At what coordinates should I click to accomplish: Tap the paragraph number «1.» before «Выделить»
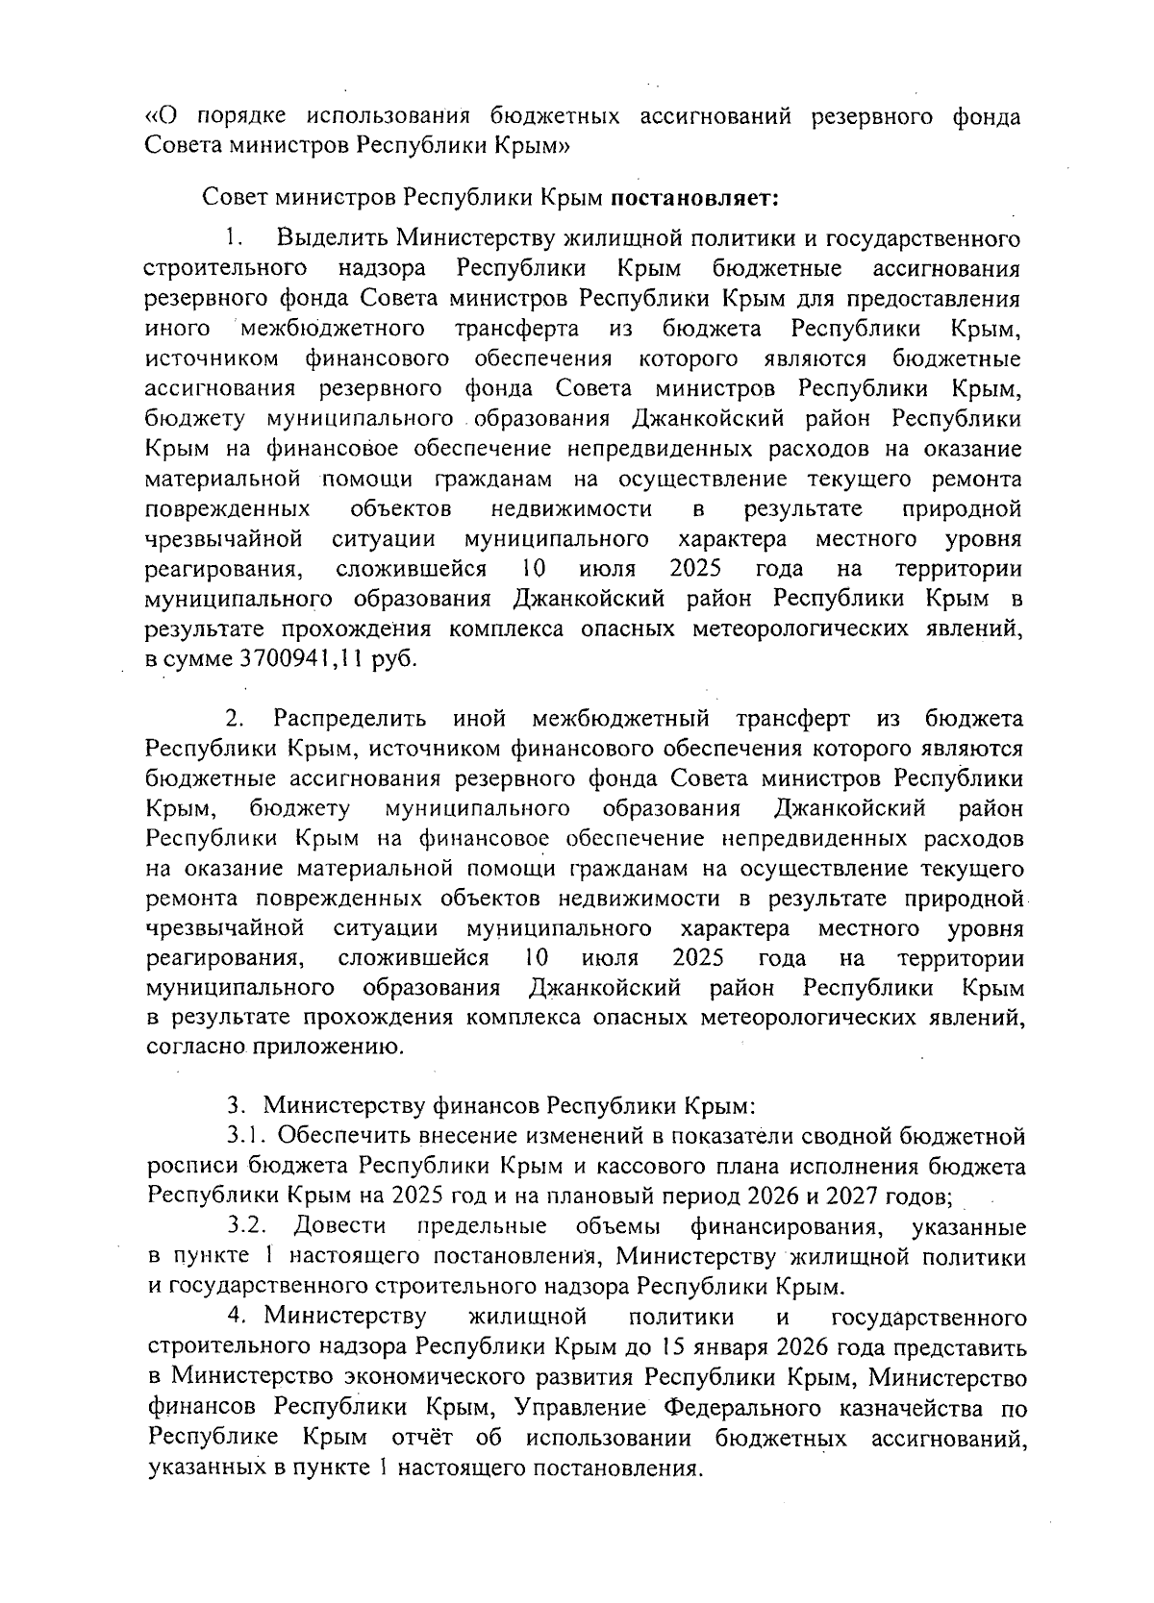click(235, 237)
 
